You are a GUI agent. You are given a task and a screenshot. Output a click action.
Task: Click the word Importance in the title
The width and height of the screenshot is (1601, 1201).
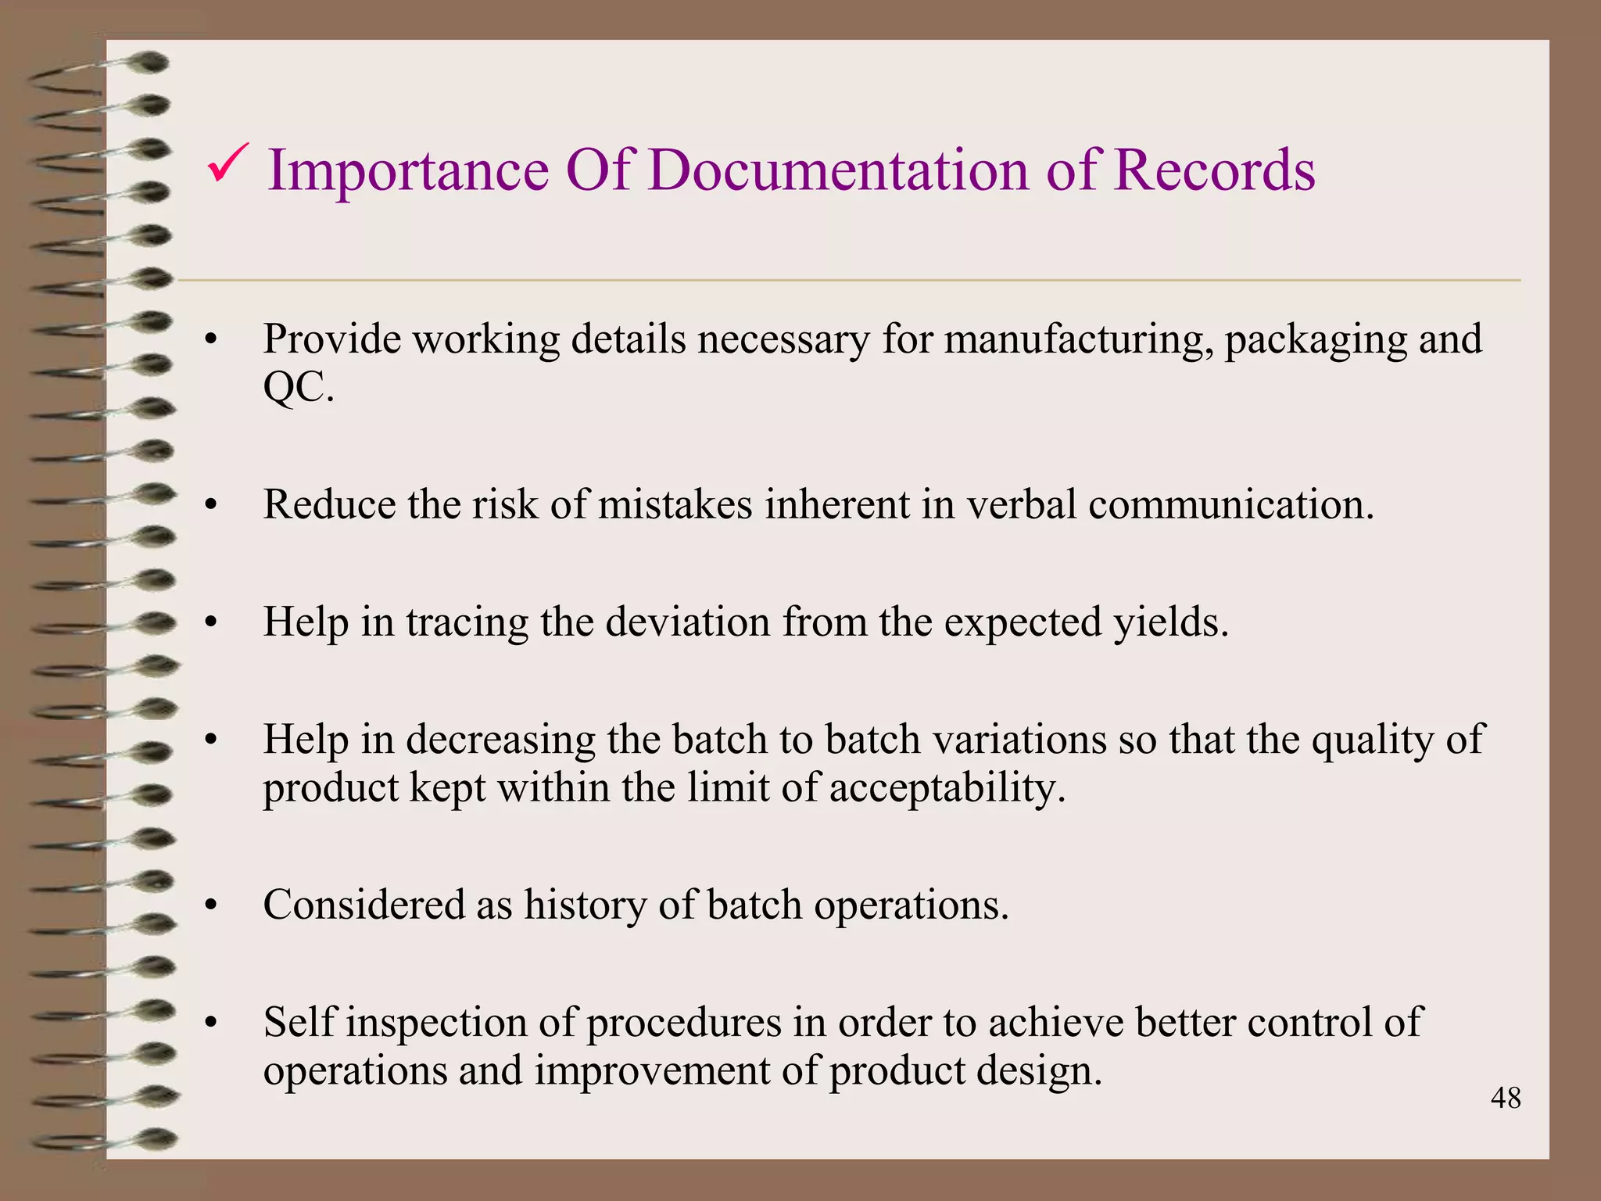(408, 170)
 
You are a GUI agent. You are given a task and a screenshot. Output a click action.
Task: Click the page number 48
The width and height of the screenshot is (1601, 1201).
(1505, 1099)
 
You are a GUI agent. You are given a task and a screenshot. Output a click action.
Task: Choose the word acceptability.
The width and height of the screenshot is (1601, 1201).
(947, 788)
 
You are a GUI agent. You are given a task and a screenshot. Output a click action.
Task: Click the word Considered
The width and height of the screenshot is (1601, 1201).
(364, 905)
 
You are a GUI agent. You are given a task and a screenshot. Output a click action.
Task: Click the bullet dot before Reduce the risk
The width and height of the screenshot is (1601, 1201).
(210, 507)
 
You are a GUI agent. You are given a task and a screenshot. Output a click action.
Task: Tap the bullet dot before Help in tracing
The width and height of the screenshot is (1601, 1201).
(210, 625)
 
